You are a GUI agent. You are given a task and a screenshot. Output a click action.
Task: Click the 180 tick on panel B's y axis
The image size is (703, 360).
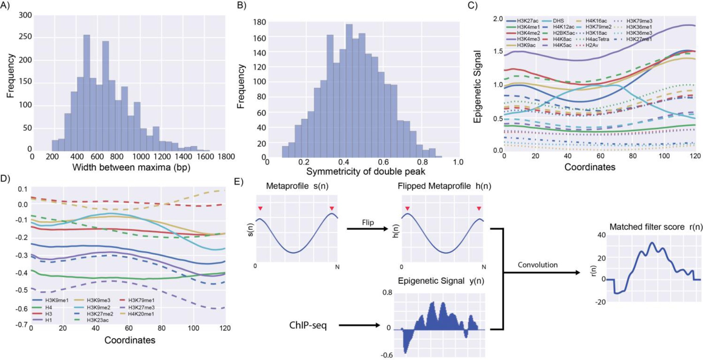click(260, 22)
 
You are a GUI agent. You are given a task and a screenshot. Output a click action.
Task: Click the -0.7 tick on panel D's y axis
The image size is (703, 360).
click(22, 325)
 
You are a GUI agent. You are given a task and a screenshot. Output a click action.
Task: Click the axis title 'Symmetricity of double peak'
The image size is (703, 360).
click(366, 171)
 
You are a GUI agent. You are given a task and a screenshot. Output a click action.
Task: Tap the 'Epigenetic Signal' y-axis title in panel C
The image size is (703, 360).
click(478, 87)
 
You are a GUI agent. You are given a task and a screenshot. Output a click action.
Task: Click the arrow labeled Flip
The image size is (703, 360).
click(367, 229)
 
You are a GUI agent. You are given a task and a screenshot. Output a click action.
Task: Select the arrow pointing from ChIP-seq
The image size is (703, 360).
click(360, 325)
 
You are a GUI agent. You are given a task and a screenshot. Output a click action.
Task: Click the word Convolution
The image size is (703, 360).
click(537, 265)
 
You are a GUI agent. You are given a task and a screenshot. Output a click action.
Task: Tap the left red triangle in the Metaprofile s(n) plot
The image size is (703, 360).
click(260, 209)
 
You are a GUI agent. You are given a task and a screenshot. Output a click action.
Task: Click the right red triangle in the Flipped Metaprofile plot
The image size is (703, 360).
click(479, 209)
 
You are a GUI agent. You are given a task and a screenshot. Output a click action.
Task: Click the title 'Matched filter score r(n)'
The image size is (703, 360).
click(656, 227)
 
